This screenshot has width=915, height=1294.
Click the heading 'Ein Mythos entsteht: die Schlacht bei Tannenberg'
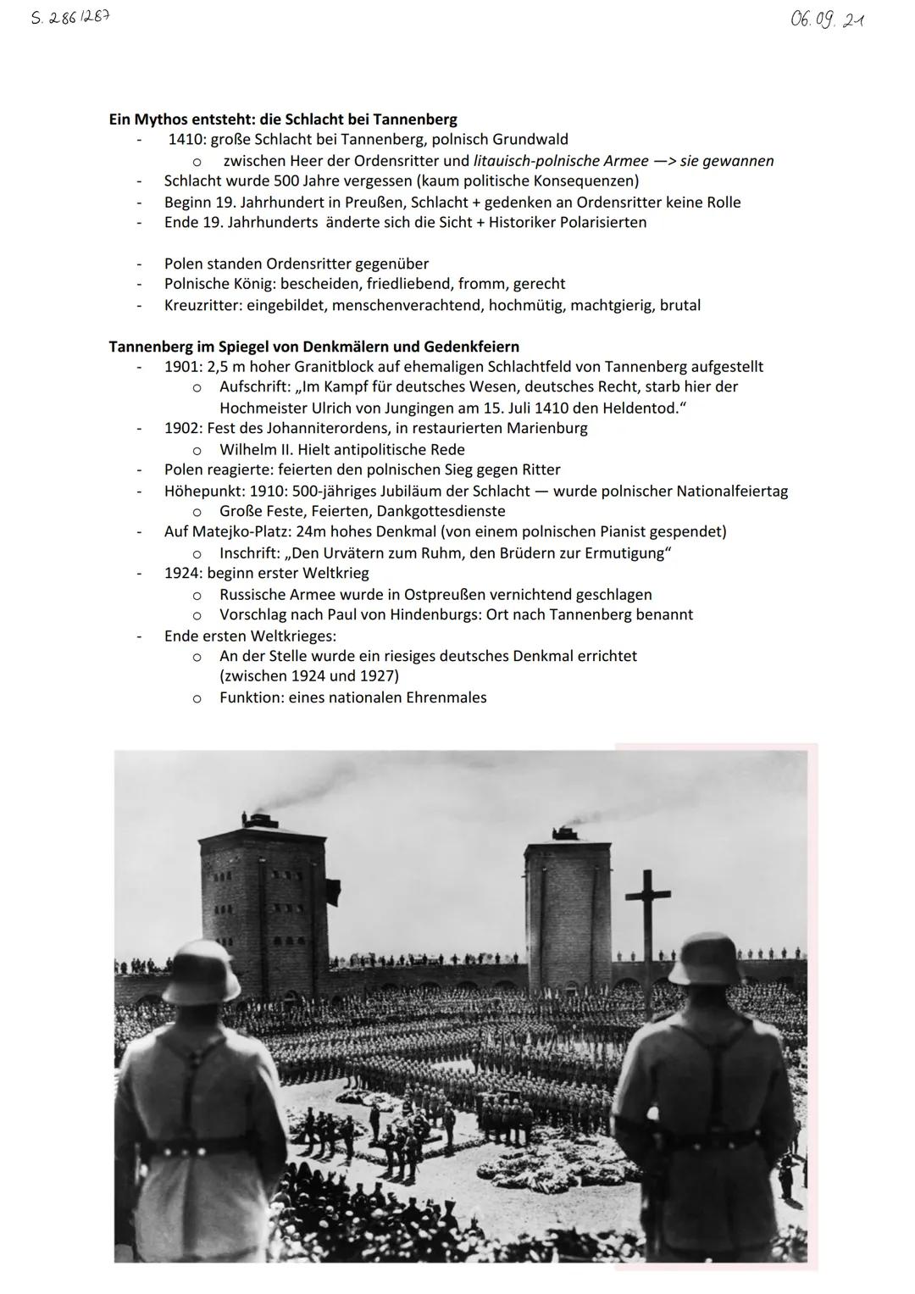pyautogui.click(x=283, y=119)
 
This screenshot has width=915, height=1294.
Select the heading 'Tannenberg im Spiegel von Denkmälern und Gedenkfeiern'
pyautogui.click(x=313, y=347)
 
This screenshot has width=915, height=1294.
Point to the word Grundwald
pyautogui.click(x=530, y=140)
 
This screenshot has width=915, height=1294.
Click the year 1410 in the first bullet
pyautogui.click(x=185, y=140)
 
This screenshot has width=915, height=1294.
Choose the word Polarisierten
pyautogui.click(x=602, y=223)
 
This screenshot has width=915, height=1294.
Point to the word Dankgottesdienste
pyautogui.click(x=441, y=512)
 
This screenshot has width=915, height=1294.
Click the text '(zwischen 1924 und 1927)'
pyautogui.click(x=308, y=676)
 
